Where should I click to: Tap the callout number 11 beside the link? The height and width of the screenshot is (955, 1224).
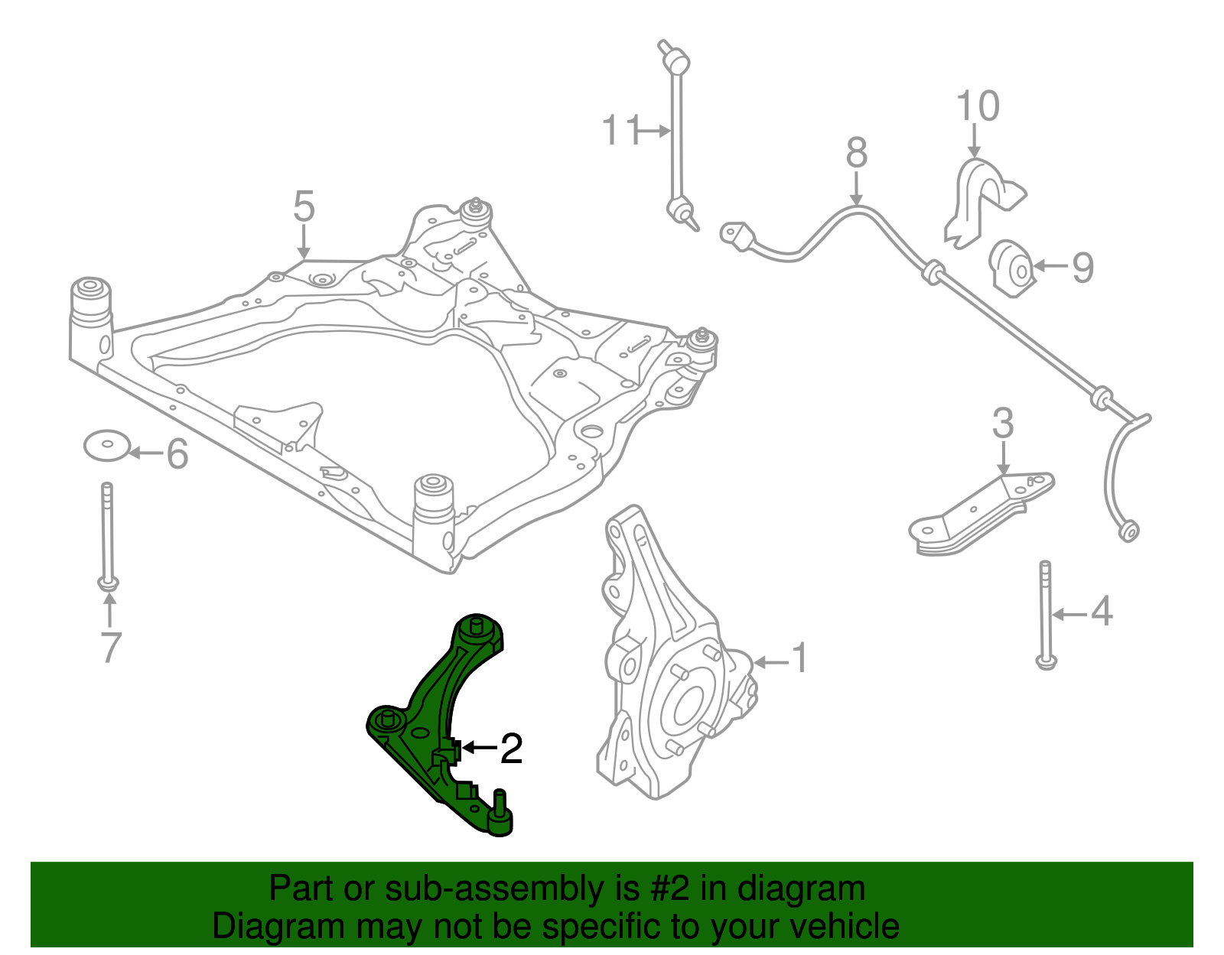pos(620,131)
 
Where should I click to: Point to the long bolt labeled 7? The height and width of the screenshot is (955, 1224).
pos(108,535)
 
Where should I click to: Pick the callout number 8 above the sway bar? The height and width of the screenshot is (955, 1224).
pos(856,153)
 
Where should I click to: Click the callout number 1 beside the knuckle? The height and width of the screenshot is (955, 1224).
pos(799,658)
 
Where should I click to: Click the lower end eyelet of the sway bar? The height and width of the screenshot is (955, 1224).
pos(1128,529)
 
